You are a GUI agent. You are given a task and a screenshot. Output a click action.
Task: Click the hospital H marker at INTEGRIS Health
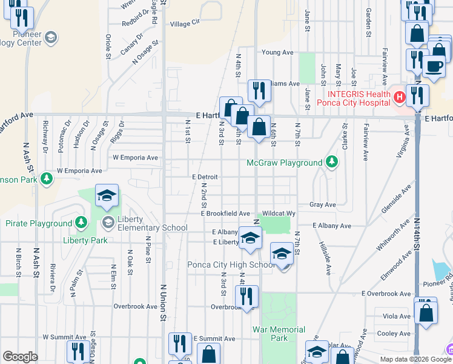tap(400, 96)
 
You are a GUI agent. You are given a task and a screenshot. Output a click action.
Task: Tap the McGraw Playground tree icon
tap(331, 162)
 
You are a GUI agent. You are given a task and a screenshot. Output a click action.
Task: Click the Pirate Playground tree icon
tap(81, 223)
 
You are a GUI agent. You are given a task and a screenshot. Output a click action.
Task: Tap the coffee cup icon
tap(434, 66)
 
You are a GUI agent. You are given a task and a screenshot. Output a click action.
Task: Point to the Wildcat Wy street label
tap(279, 214)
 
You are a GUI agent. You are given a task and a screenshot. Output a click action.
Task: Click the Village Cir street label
tap(185, 23)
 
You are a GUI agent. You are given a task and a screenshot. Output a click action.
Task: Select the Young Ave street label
tap(277, 52)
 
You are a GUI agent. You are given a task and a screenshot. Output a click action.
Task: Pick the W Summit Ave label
tap(64, 337)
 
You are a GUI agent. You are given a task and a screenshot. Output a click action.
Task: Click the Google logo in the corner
tap(20, 357)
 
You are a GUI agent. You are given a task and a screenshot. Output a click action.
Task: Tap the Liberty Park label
tap(85, 240)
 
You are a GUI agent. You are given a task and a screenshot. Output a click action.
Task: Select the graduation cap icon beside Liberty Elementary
tap(107, 195)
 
